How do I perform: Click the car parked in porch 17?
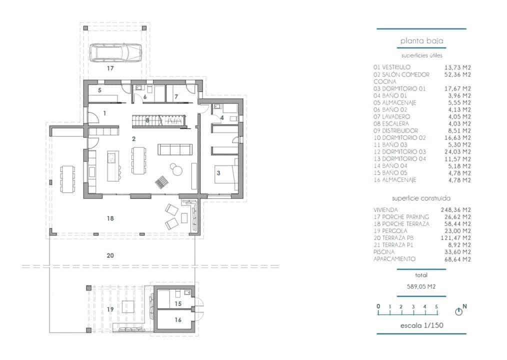click(115, 51)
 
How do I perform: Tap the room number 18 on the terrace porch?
click(110, 218)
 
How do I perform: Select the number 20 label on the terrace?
click(110, 255)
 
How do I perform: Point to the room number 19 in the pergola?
click(110, 309)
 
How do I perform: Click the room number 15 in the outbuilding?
click(178, 303)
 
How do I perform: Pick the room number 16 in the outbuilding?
click(178, 319)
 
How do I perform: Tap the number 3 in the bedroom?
click(218, 173)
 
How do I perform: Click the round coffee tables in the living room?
click(176, 170)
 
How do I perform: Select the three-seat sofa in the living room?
click(174, 149)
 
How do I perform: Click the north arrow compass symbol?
click(459, 311)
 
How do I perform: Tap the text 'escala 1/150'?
click(421, 325)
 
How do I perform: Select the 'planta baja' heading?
click(421, 41)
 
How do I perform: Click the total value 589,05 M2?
click(421, 287)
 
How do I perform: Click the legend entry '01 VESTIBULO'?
click(392, 67)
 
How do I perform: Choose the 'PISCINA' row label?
click(384, 252)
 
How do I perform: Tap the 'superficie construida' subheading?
click(421, 198)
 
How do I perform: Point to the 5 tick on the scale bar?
click(436, 307)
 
